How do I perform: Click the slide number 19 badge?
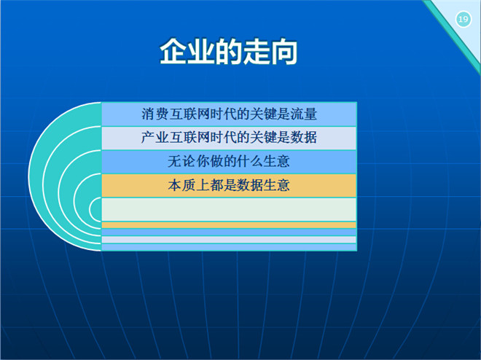pos(464,20)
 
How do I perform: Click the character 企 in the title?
pos(173,52)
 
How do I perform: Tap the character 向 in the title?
pos(283,52)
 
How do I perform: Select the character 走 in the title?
pos(256,52)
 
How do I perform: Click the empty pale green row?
pos(229,209)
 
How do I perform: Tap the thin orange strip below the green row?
pos(229,225)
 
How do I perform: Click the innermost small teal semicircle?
pos(96,209)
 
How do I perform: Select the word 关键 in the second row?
pos(262,137)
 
